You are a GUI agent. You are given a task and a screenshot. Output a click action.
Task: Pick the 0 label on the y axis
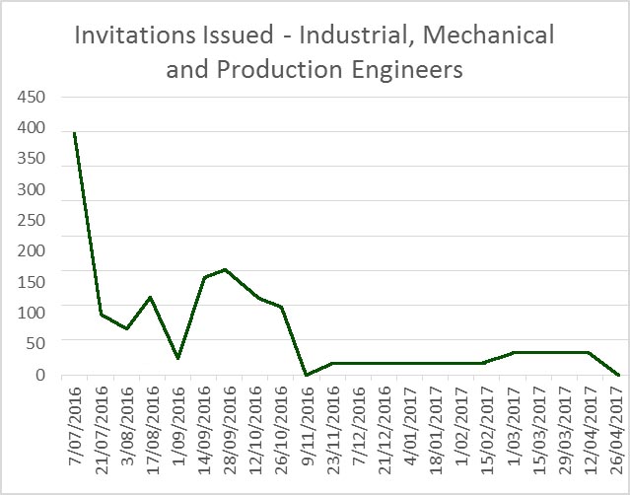40,375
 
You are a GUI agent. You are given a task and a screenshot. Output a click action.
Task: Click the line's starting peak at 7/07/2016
75,132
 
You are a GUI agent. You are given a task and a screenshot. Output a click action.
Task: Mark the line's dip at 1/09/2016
177,358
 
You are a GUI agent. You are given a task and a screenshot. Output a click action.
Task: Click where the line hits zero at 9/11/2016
306,375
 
